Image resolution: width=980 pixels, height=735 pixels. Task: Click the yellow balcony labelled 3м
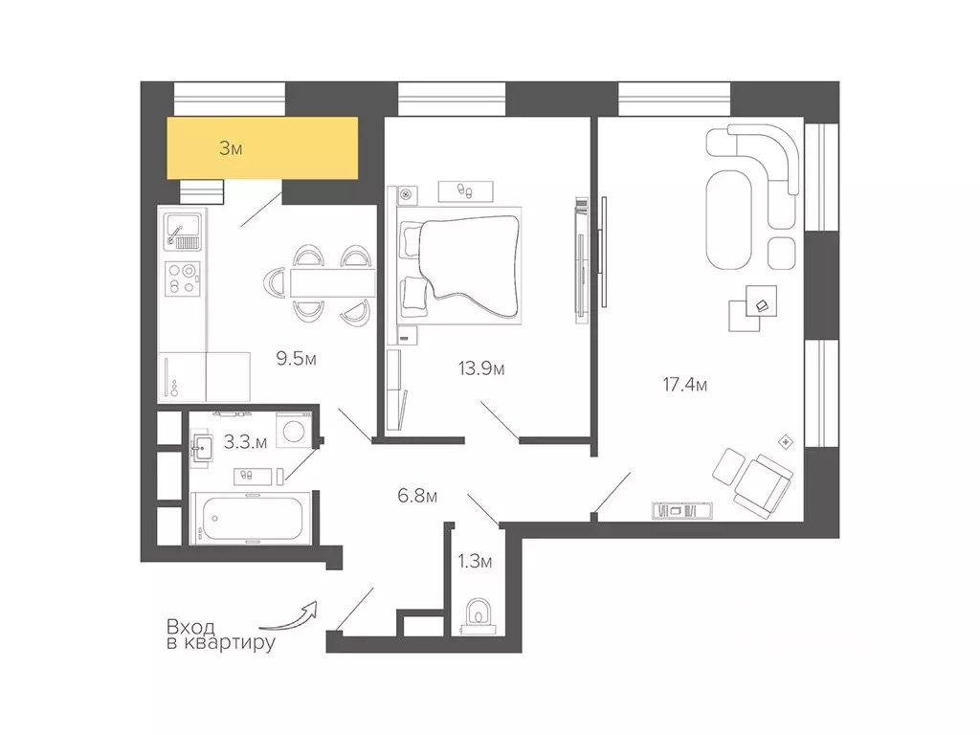pyautogui.click(x=262, y=148)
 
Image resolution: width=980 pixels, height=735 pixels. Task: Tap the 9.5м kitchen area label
pyautogui.click(x=297, y=359)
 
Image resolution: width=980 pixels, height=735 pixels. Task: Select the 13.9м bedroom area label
pyautogui.click(x=481, y=368)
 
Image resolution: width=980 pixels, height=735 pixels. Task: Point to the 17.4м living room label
pyautogui.click(x=685, y=385)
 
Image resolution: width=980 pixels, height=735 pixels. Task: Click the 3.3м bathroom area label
pyautogui.click(x=245, y=442)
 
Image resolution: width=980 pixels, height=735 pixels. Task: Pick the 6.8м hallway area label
pyautogui.click(x=417, y=497)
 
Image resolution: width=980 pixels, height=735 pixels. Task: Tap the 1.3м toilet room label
pyautogui.click(x=475, y=562)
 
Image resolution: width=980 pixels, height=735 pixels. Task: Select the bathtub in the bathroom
pyautogui.click(x=251, y=518)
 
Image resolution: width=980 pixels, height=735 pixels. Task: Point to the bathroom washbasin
pyautogui.click(x=202, y=448)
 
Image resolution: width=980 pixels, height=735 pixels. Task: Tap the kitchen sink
pyautogui.click(x=182, y=231)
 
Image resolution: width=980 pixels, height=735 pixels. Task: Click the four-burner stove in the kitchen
pyautogui.click(x=182, y=278)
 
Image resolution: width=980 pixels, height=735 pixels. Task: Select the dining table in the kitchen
pyautogui.click(x=332, y=283)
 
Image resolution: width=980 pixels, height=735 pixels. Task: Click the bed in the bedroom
pyautogui.click(x=459, y=265)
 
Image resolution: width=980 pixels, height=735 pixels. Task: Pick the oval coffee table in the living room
pyautogui.click(x=728, y=219)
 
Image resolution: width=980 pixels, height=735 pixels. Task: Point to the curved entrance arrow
pyautogui.click(x=288, y=617)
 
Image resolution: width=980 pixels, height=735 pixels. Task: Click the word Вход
pyautogui.click(x=190, y=626)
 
